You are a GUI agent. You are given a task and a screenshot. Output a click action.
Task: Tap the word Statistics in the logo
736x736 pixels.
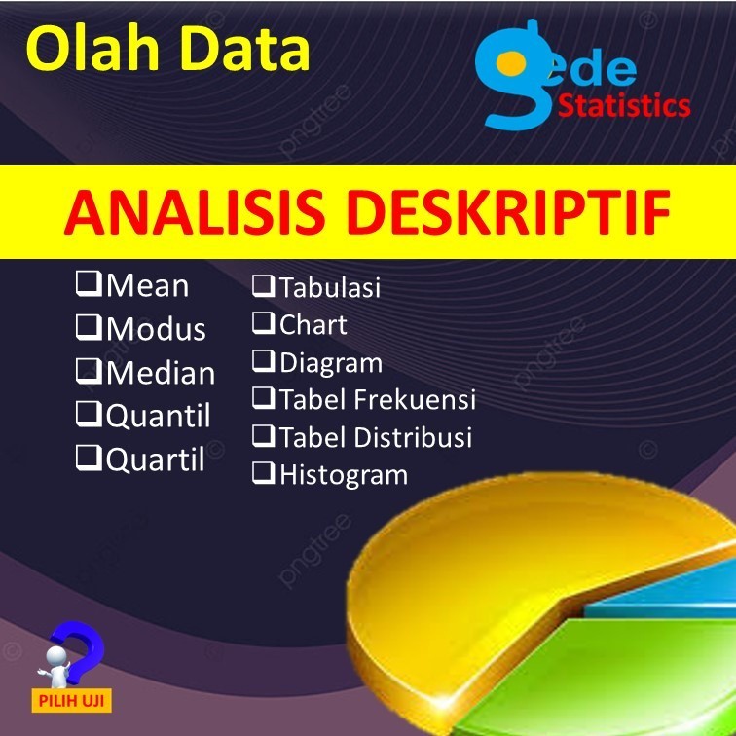624,105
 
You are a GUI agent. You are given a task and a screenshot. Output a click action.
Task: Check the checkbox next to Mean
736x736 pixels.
90,285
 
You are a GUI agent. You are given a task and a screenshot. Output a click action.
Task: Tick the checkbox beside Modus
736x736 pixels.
90,328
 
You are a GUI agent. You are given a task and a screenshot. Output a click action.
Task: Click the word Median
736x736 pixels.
161,373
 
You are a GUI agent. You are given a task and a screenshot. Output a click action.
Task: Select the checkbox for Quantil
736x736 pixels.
90,415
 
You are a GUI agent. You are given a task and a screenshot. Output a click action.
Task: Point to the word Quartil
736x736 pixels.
156,459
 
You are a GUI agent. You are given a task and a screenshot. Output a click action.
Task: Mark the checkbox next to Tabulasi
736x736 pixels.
264,286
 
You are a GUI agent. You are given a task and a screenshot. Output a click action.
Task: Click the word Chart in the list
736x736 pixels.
313,324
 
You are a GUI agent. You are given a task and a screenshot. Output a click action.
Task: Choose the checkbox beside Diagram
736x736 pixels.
264,362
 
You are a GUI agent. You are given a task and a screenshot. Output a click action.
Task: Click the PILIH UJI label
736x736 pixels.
73,699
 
